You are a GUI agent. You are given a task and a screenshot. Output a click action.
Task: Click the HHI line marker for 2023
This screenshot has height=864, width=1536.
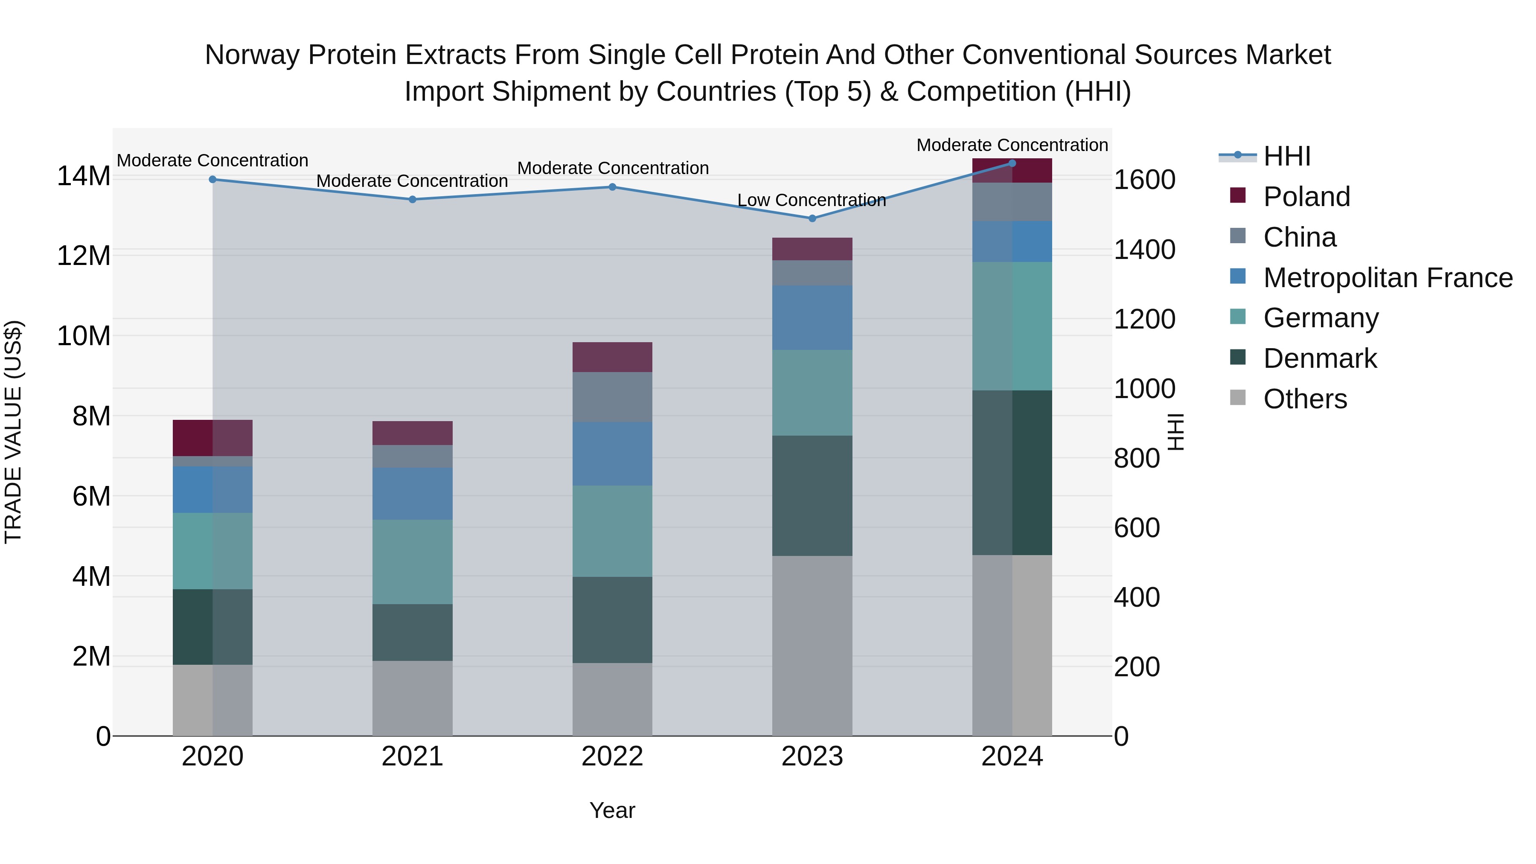pos(812,218)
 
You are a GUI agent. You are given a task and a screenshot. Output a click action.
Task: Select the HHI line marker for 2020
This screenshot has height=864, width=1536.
pos(213,180)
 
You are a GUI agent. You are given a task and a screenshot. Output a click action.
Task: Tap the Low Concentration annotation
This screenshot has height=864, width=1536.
pos(812,201)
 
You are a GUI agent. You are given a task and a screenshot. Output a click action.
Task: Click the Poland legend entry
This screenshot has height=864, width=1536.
pos(1306,197)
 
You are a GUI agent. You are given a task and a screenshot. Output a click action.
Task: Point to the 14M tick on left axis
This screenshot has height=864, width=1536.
pos(84,177)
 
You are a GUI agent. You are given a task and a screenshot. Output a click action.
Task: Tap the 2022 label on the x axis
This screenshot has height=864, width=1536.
pos(612,756)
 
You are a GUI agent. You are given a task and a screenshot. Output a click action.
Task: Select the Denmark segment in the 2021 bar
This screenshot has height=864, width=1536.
pos(413,632)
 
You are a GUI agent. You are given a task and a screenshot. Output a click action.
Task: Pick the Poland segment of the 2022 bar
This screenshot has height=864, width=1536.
pos(612,357)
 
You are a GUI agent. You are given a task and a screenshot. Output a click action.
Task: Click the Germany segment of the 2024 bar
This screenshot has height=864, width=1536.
pos(1012,326)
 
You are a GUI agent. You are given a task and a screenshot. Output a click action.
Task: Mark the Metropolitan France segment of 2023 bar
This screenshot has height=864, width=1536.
pos(812,318)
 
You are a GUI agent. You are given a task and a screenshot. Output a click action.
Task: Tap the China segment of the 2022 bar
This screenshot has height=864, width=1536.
pos(612,397)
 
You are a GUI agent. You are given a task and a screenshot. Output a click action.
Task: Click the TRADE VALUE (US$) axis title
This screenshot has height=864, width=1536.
pos(13,432)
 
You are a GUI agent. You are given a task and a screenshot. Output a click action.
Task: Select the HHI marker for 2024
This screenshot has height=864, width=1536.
pos(1012,163)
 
